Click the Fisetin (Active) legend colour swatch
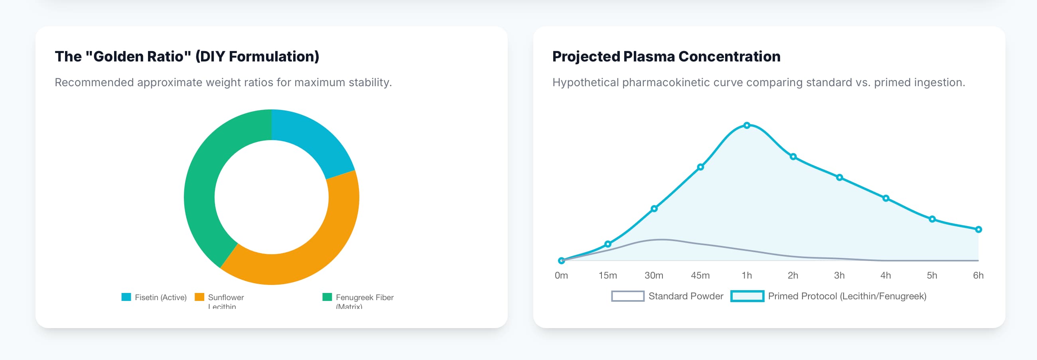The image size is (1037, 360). click(126, 297)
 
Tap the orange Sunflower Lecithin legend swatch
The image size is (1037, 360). click(199, 297)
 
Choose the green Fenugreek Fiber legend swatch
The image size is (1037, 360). click(327, 297)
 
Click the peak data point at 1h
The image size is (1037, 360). click(747, 125)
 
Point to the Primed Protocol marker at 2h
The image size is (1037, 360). click(793, 156)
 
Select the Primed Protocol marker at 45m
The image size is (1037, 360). click(700, 167)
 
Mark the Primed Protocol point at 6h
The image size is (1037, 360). click(978, 229)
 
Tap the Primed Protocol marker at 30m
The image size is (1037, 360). click(654, 209)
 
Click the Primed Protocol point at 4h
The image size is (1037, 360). click(885, 198)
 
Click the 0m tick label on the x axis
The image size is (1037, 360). click(561, 275)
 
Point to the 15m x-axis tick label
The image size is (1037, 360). click(607, 275)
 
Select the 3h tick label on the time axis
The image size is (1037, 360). click(839, 275)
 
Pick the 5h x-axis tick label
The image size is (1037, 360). click(932, 275)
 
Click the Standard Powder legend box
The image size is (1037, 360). click(628, 297)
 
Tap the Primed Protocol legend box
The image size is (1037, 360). click(747, 297)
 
